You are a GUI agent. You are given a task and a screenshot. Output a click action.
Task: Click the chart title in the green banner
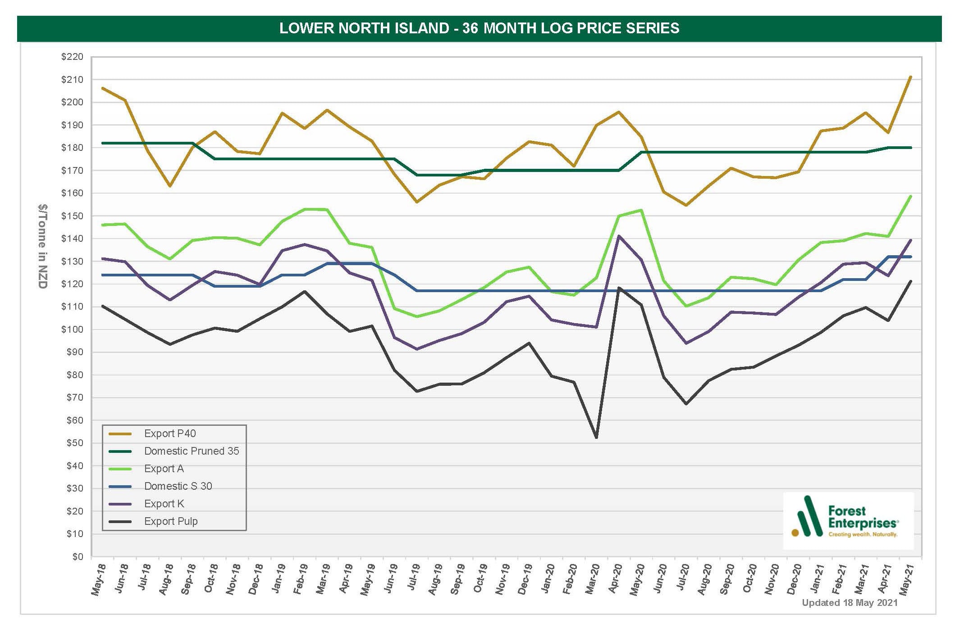pos(479,28)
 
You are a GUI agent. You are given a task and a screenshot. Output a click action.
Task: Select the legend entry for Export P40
pos(170,433)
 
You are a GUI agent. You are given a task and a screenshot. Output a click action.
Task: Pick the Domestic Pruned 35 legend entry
pos(191,451)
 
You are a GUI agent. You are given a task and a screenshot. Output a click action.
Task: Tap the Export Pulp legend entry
pos(171,521)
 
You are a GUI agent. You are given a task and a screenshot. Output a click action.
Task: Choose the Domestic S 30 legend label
pos(178,486)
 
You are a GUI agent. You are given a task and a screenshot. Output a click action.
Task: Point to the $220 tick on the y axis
pos(73,57)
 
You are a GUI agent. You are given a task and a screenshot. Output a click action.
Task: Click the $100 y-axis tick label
pos(73,330)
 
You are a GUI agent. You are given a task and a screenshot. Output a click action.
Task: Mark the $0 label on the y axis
pos(78,557)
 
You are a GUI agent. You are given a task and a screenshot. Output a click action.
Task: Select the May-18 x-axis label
pos(98,580)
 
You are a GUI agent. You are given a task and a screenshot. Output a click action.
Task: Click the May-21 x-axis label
pos(907,580)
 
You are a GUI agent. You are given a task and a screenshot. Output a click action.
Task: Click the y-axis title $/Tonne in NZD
pos(42,246)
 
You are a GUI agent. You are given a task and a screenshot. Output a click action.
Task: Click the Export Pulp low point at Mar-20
pos(597,438)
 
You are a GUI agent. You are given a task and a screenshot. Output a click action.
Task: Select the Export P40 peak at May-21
pos(911,77)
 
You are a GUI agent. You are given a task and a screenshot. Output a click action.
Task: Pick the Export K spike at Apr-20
pos(619,236)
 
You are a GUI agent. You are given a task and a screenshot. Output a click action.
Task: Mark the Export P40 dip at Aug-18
pos(170,186)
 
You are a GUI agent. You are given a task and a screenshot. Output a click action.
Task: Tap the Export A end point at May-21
pos(911,196)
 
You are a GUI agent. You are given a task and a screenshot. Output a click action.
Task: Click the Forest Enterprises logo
pos(848,521)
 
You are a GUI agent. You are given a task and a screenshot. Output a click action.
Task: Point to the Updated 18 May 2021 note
pos(850,603)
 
